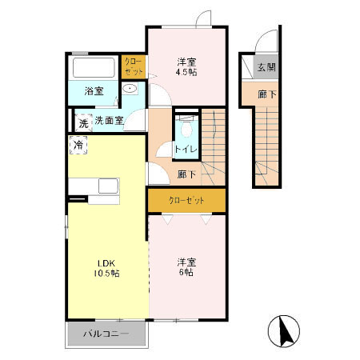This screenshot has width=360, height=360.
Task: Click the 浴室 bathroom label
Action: click(x=93, y=91)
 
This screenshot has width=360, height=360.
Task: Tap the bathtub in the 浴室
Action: click(x=94, y=67)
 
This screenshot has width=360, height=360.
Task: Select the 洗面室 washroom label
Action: click(x=108, y=121)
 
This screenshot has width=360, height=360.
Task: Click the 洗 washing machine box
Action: click(x=82, y=122)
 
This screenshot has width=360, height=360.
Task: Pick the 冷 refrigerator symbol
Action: click(x=78, y=146)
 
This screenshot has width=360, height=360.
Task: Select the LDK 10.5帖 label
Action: click(x=108, y=268)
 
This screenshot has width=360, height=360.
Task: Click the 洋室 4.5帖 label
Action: click(x=186, y=66)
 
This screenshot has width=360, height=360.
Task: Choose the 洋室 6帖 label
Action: click(x=186, y=266)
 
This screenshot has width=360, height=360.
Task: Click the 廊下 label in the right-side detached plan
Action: click(x=266, y=93)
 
